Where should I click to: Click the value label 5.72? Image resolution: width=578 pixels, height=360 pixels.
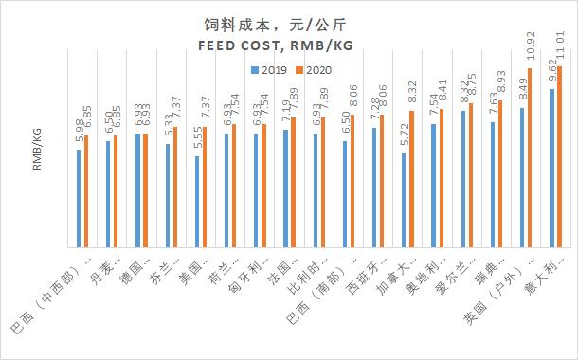(404, 137)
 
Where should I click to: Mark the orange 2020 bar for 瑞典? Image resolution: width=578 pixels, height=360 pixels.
(499, 175)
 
